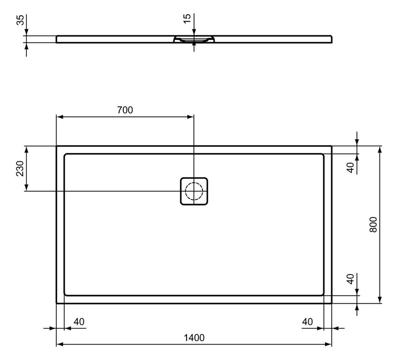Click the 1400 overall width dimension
tap(194, 337)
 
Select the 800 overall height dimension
tap(373, 224)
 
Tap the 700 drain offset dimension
tap(125, 110)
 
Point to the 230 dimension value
tap(20, 168)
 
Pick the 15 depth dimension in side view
tap(187, 19)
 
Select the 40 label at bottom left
tap(79, 322)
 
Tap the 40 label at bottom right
tap(307, 322)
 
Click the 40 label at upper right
tap(350, 168)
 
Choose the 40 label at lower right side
tap(350, 279)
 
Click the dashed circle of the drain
tap(194, 191)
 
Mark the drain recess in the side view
tap(194, 39)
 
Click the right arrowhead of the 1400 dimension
tap(329, 344)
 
